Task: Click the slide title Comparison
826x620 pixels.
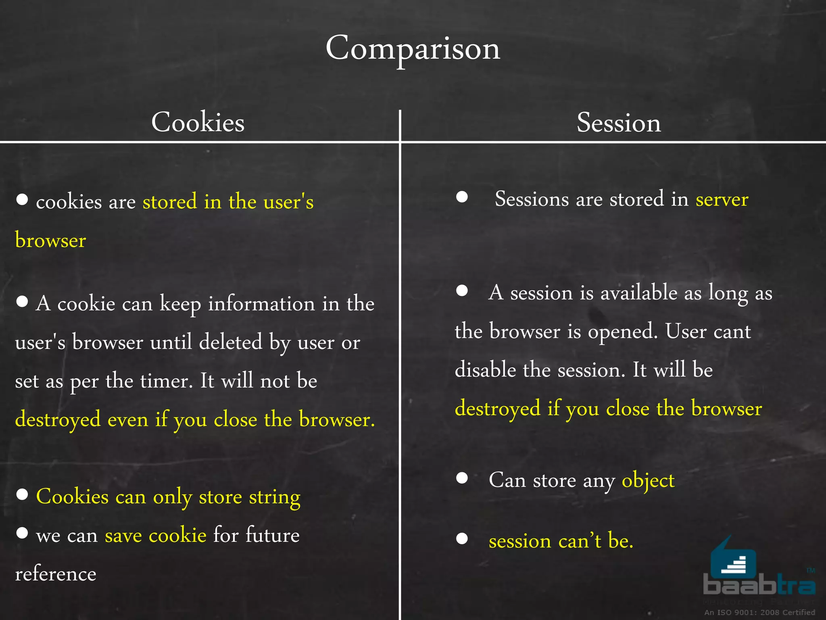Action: point(413,48)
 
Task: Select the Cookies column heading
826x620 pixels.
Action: point(198,122)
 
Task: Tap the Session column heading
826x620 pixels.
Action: point(619,123)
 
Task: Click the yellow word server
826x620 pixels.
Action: point(722,199)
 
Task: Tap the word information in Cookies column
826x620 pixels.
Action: point(261,304)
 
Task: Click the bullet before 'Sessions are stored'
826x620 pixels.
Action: point(462,197)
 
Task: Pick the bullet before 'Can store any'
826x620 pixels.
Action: point(462,478)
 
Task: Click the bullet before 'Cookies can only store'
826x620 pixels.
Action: point(22,494)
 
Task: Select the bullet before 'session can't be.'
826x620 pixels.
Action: point(462,538)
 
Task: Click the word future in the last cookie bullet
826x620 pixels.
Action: point(273,535)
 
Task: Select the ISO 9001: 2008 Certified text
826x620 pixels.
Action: point(759,612)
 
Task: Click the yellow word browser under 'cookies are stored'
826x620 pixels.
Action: point(50,241)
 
